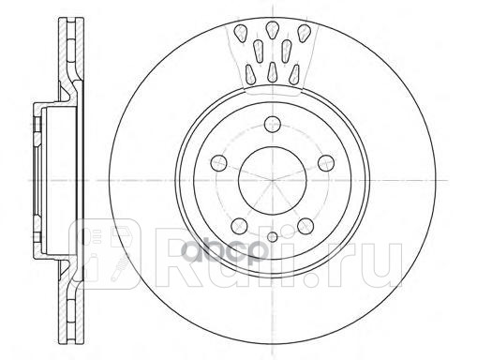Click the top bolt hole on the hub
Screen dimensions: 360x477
(x=273, y=122)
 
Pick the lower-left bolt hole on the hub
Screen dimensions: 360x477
(x=238, y=225)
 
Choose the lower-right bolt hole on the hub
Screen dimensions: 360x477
(x=306, y=226)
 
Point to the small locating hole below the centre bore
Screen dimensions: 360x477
(x=273, y=236)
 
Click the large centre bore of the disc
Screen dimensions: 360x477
(x=273, y=179)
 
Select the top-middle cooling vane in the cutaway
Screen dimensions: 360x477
(x=272, y=28)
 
